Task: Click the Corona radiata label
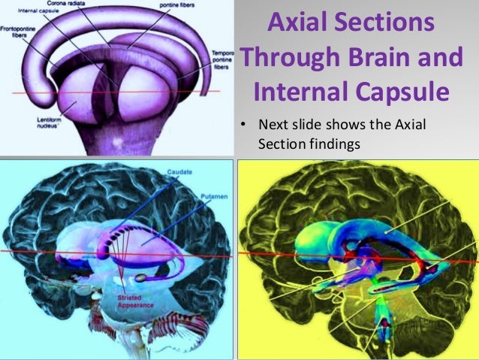71,5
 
